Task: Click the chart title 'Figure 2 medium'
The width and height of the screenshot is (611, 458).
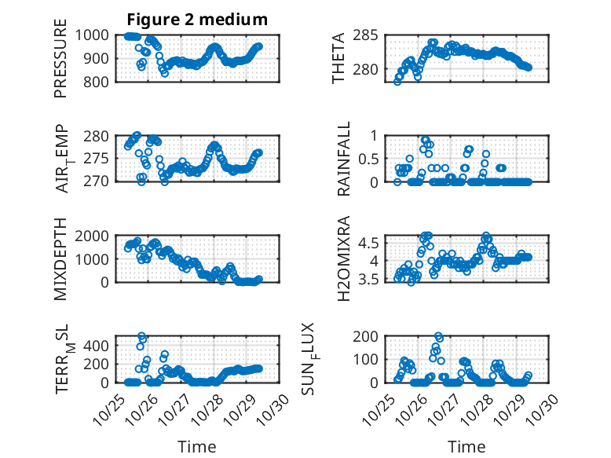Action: click(x=196, y=19)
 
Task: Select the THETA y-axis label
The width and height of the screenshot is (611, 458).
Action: click(x=338, y=57)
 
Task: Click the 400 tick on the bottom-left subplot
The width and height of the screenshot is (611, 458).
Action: click(x=101, y=345)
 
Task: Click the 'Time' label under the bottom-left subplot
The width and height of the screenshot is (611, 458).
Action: click(x=196, y=446)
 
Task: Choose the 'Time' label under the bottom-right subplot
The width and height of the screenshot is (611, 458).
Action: click(x=466, y=446)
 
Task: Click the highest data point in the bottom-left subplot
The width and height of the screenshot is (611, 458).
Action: click(x=142, y=336)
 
